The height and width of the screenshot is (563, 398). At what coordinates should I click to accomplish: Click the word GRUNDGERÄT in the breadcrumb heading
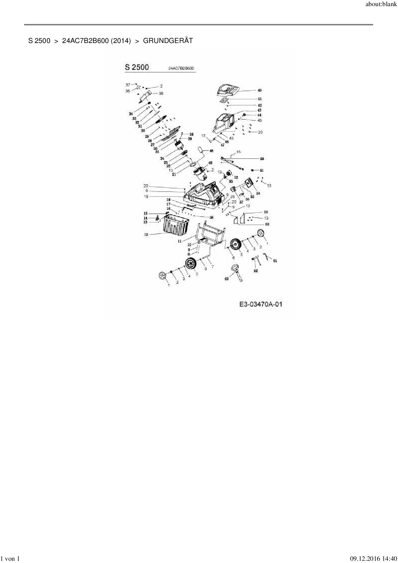coord(168,41)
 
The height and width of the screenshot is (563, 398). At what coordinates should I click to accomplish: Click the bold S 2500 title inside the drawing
coord(137,67)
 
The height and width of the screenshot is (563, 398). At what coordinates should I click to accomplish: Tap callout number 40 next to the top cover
coord(259,91)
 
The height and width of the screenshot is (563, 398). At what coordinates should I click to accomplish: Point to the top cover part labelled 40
coord(228,90)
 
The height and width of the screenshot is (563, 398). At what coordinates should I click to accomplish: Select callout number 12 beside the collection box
coord(146,235)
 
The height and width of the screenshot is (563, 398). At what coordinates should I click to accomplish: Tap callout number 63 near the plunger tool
coord(226,279)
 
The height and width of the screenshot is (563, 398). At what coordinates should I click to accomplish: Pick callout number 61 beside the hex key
coord(275,261)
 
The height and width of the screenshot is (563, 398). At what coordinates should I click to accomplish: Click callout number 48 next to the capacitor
coord(211,151)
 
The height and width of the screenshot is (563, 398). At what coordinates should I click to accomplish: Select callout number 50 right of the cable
coord(262,159)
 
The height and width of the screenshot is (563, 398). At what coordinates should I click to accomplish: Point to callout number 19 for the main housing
coord(146,196)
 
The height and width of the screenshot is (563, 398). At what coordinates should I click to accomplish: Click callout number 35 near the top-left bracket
coord(161,93)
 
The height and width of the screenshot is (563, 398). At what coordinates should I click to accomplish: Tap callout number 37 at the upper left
coord(128,85)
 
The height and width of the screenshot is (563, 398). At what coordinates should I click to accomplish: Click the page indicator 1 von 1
coord(11,559)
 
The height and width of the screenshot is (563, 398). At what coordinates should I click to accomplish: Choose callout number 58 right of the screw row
coord(211,217)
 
